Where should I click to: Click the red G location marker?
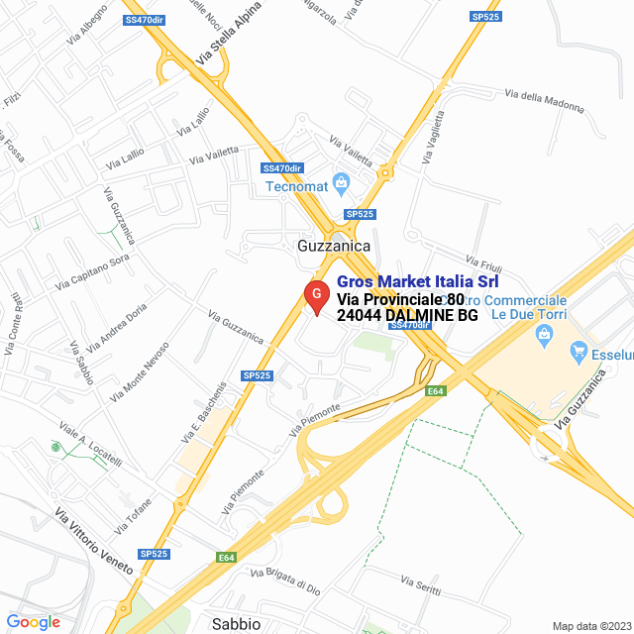315,295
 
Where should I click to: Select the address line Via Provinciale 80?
399,299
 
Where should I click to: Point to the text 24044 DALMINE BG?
407,316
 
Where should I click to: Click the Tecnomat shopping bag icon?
342,181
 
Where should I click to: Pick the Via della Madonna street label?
545,97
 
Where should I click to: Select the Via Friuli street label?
484,264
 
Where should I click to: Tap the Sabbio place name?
236,623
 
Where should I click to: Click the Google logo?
33,622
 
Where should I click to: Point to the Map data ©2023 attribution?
590,626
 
